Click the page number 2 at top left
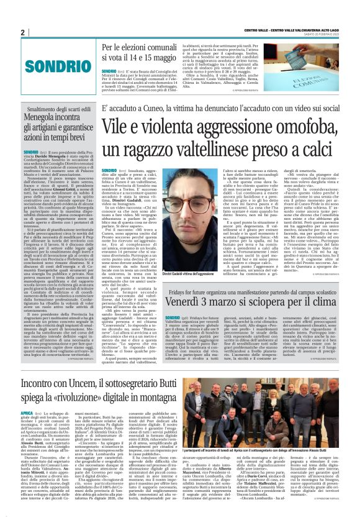coord(22,32)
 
